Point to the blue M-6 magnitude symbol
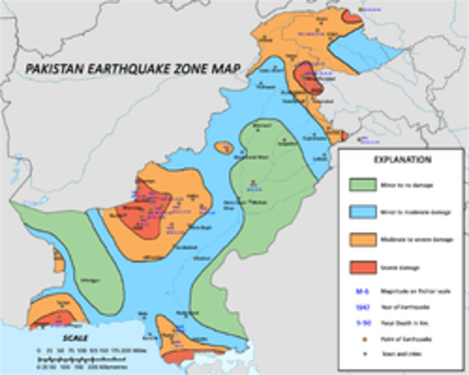coord(362,291)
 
